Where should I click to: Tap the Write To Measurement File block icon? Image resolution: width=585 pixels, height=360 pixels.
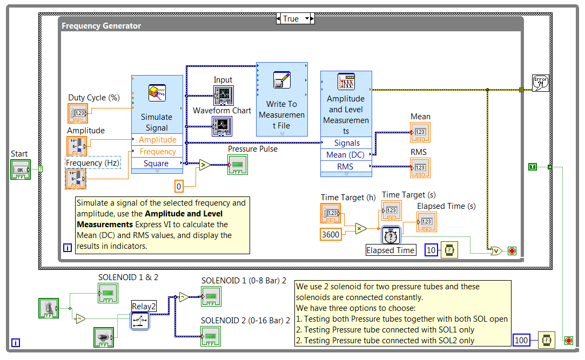pos(281,80)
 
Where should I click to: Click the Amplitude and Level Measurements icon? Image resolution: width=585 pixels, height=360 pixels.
pos(346,82)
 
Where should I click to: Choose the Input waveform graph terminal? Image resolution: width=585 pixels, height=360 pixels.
pos(223,95)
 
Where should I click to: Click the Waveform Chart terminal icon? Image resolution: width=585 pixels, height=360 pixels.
pos(222,126)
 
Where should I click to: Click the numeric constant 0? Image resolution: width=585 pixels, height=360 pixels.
pos(179,187)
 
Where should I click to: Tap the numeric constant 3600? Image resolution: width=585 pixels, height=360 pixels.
pos(331,234)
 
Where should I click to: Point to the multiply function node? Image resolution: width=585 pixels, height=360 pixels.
pos(361,229)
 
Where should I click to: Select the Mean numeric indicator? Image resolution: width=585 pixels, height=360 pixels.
pos(420,132)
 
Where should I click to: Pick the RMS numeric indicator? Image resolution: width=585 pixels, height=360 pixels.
pos(420,167)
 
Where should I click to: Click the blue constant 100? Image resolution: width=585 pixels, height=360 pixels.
pos(521,340)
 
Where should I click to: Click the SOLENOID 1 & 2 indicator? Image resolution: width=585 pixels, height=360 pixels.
pos(108,293)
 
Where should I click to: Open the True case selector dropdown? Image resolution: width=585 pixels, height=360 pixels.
pos(308,18)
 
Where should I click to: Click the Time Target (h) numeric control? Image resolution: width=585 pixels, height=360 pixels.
pos(331,214)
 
